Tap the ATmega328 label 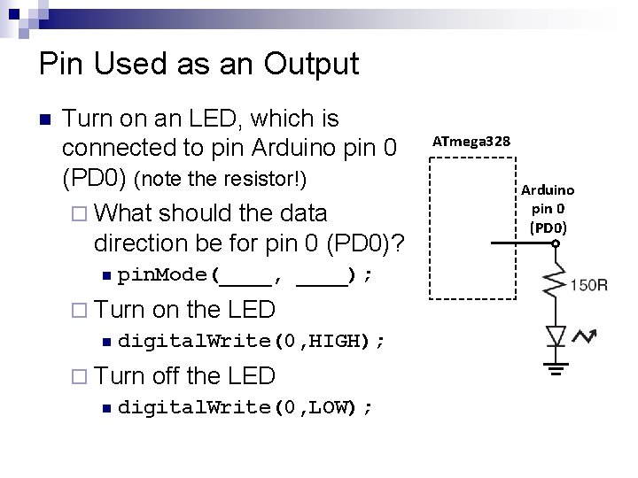(x=471, y=141)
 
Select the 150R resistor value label (x=588, y=284)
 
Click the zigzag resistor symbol (x=556, y=282)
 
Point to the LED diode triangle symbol (x=556, y=335)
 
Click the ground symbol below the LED (x=556, y=366)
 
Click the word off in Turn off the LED (x=167, y=376)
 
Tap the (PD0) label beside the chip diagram (x=547, y=227)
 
